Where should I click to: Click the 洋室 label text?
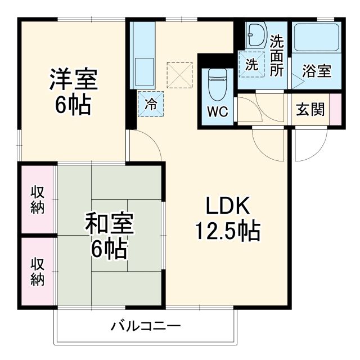point(73,80)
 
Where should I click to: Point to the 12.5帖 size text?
point(227,230)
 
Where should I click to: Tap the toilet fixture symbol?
point(218,83)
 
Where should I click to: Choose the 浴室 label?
point(316,71)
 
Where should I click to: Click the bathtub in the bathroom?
point(317,38)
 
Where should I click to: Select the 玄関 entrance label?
point(310,109)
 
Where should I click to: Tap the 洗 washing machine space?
point(251,64)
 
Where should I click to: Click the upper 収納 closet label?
point(38,199)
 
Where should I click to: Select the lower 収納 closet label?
point(38,272)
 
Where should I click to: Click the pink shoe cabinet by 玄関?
point(336,109)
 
